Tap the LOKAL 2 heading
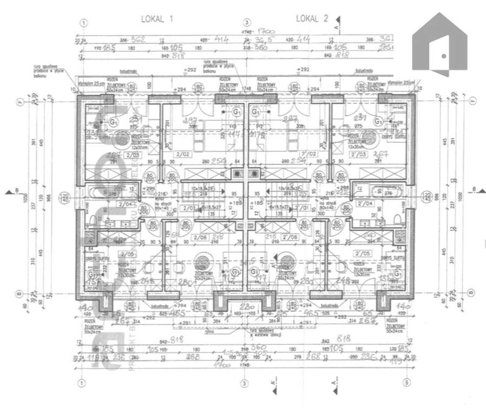click(x=312, y=18)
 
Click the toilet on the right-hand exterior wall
click(x=399, y=218)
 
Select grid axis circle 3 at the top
click(x=246, y=23)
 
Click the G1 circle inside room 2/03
click(x=113, y=122)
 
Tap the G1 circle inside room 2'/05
click(x=398, y=273)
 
